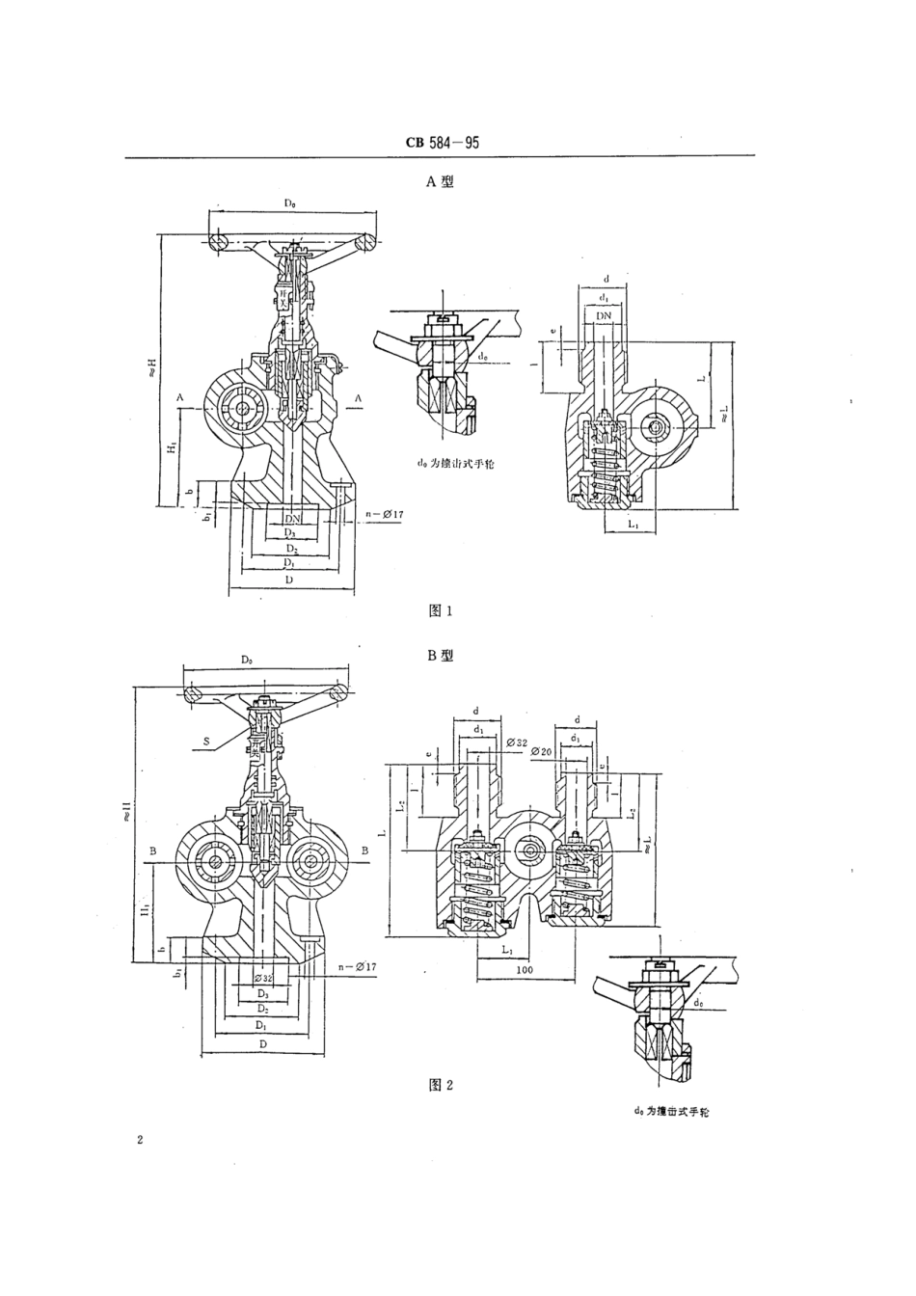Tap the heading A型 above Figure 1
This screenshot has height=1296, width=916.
[440, 180]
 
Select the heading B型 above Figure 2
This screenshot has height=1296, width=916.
[440, 655]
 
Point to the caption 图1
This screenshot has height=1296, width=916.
[440, 609]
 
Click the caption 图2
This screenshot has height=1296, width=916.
[440, 1085]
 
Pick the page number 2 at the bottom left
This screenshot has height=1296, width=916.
[141, 1141]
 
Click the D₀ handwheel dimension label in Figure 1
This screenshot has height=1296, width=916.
[290, 204]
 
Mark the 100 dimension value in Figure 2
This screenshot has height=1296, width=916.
[525, 968]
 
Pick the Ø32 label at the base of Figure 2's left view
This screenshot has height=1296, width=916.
[263, 977]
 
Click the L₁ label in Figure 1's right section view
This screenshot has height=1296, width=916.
[632, 524]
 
